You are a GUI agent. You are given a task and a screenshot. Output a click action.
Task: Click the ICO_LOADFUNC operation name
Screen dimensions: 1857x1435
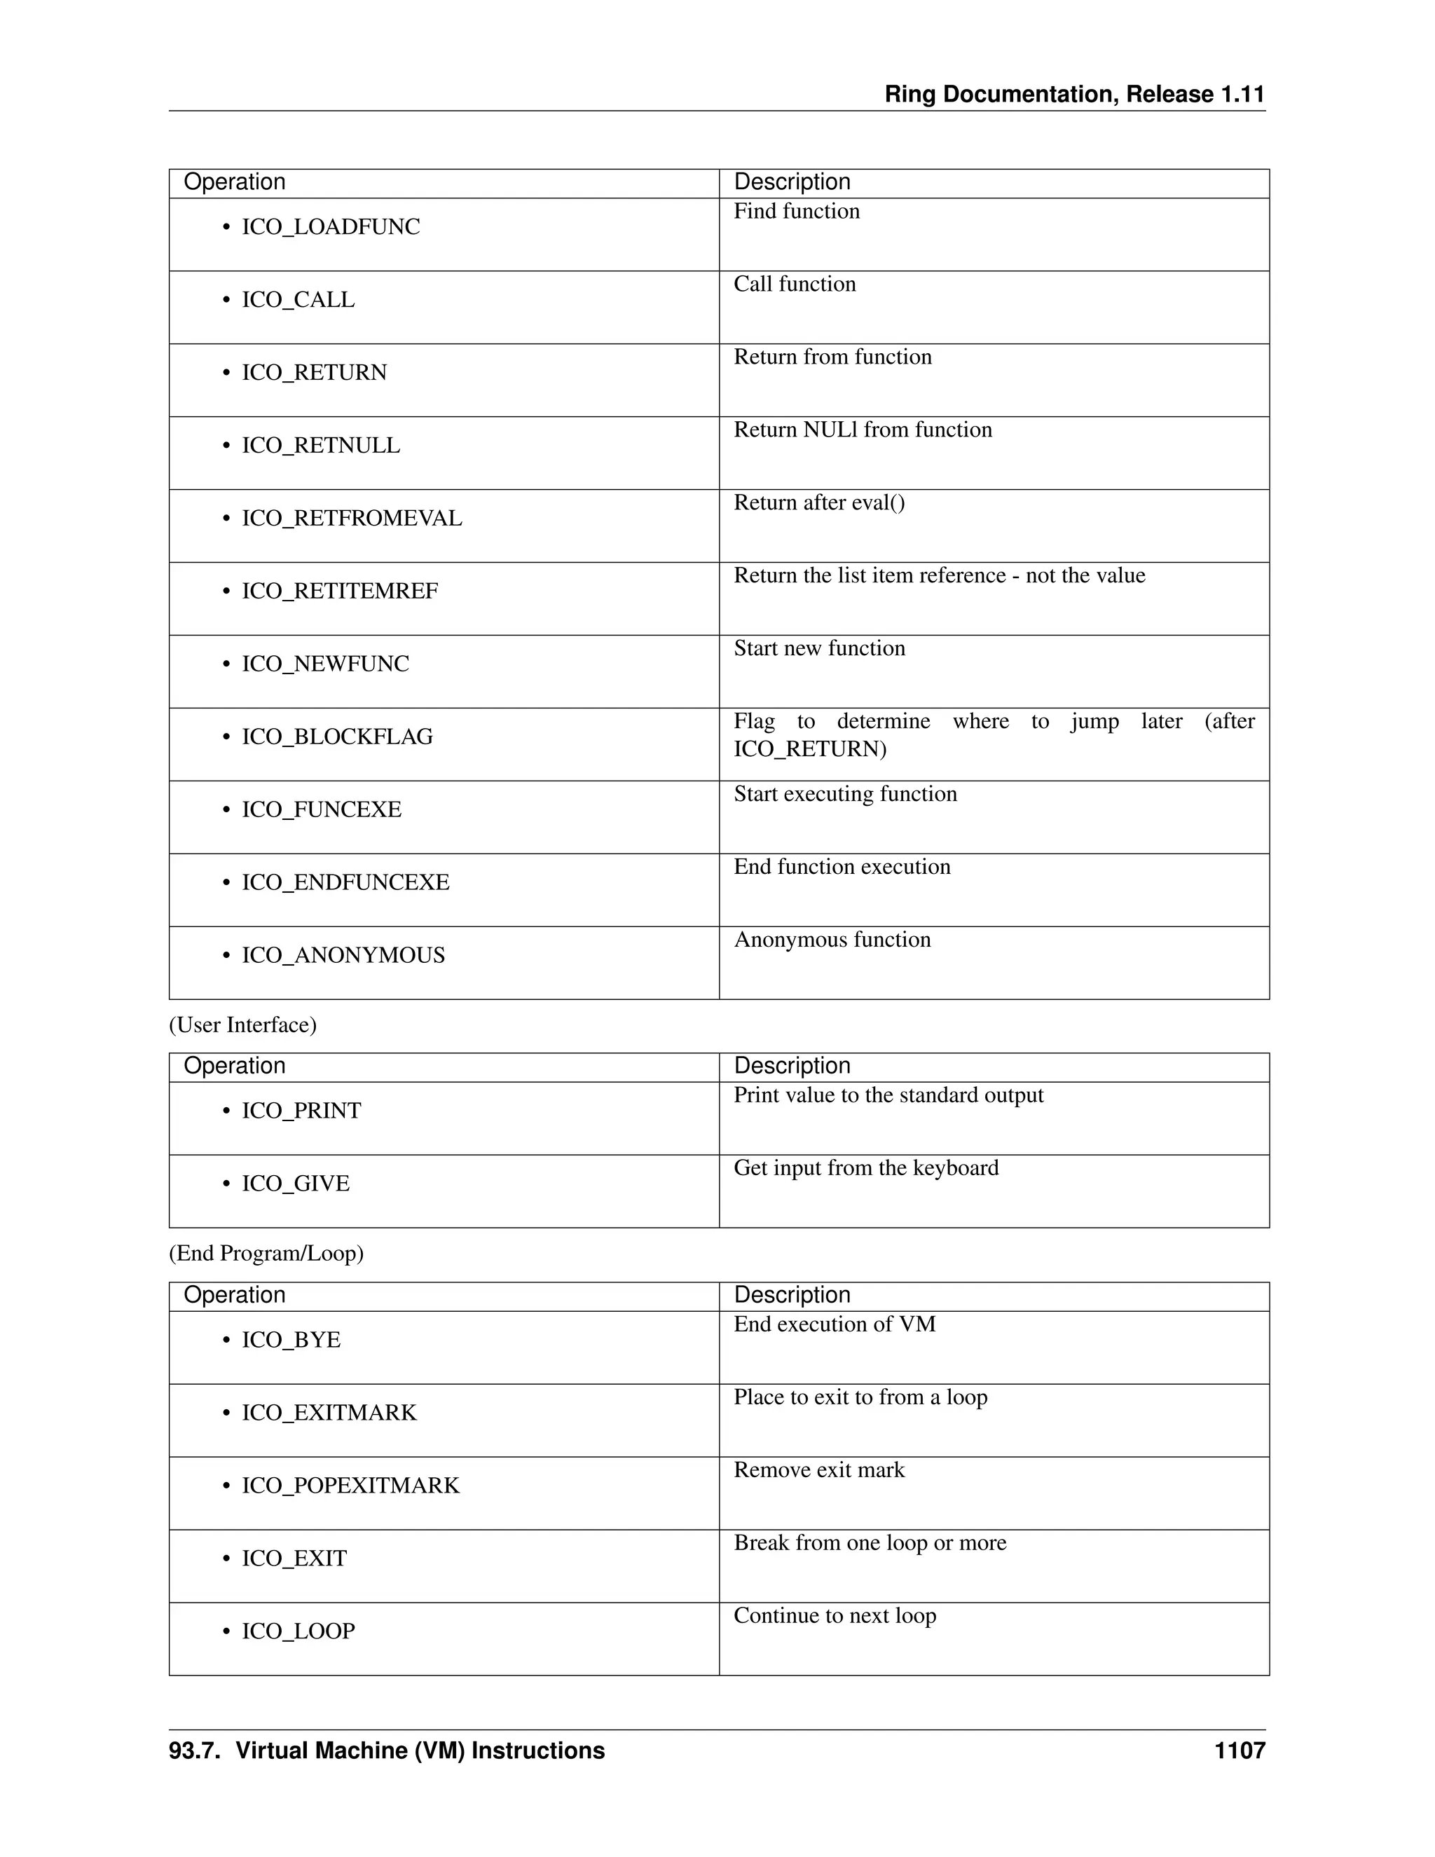(x=331, y=227)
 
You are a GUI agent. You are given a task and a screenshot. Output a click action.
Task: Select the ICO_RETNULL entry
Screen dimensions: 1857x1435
(x=320, y=446)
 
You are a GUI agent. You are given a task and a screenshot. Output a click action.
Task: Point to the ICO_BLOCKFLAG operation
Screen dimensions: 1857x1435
(x=336, y=736)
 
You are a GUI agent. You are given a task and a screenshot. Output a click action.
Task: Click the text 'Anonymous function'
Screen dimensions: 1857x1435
(x=832, y=940)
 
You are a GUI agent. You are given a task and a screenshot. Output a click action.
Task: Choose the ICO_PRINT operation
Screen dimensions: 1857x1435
(x=301, y=1111)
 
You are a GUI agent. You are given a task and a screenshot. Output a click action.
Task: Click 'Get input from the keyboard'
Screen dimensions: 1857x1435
(x=866, y=1167)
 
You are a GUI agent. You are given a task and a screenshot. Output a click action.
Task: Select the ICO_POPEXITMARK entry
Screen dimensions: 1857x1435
(x=350, y=1486)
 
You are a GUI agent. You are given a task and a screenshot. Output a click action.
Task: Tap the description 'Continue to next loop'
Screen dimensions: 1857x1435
(x=835, y=1615)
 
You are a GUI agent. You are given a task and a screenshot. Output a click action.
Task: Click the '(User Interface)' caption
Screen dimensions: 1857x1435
(x=243, y=1025)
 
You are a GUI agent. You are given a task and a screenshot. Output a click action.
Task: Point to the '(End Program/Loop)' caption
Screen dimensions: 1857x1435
(x=266, y=1254)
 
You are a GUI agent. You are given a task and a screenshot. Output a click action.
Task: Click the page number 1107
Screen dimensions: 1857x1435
(x=1240, y=1750)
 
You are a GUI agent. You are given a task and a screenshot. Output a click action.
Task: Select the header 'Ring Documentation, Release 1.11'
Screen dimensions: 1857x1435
(x=1075, y=95)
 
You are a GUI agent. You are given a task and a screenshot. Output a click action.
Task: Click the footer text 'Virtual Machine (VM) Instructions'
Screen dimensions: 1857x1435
(x=420, y=1750)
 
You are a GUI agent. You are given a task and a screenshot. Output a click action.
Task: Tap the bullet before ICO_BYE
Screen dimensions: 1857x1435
(x=226, y=1341)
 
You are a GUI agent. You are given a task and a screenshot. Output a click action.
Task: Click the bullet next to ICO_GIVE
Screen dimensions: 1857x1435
(x=226, y=1184)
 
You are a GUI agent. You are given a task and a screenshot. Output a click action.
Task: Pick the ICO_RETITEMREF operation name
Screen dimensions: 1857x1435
(x=339, y=591)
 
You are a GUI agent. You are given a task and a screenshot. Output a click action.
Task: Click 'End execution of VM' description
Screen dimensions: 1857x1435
(x=834, y=1324)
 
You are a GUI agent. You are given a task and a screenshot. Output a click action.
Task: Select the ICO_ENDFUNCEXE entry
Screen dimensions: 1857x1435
(x=345, y=882)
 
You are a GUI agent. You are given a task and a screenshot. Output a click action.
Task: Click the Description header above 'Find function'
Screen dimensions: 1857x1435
(x=792, y=182)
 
